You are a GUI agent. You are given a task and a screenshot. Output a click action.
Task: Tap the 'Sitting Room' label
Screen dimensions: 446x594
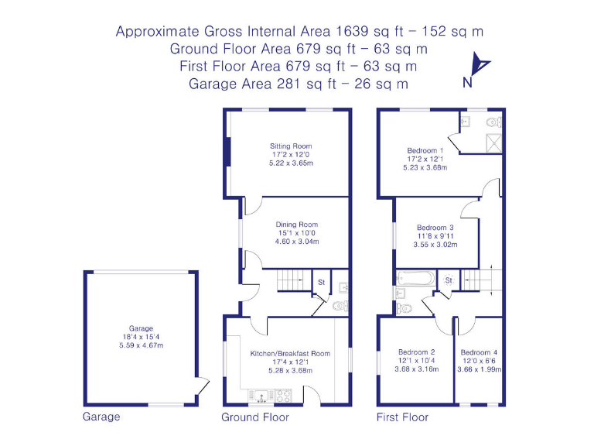(x=291, y=146)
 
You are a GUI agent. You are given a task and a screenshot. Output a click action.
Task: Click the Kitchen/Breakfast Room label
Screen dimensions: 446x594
(x=290, y=353)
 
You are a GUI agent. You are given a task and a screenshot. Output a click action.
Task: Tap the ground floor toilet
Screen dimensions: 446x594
(x=339, y=305)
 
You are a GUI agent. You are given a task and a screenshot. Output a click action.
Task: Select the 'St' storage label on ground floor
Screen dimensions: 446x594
(x=320, y=283)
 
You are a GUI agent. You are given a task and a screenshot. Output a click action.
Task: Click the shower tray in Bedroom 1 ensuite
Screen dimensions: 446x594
(x=491, y=142)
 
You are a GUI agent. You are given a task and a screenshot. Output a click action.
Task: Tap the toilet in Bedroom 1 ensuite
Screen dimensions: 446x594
(x=493, y=122)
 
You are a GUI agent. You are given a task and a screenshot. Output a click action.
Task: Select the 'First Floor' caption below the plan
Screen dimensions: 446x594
(x=402, y=417)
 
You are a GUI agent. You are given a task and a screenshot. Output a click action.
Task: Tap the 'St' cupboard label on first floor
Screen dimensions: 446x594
(x=448, y=280)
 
